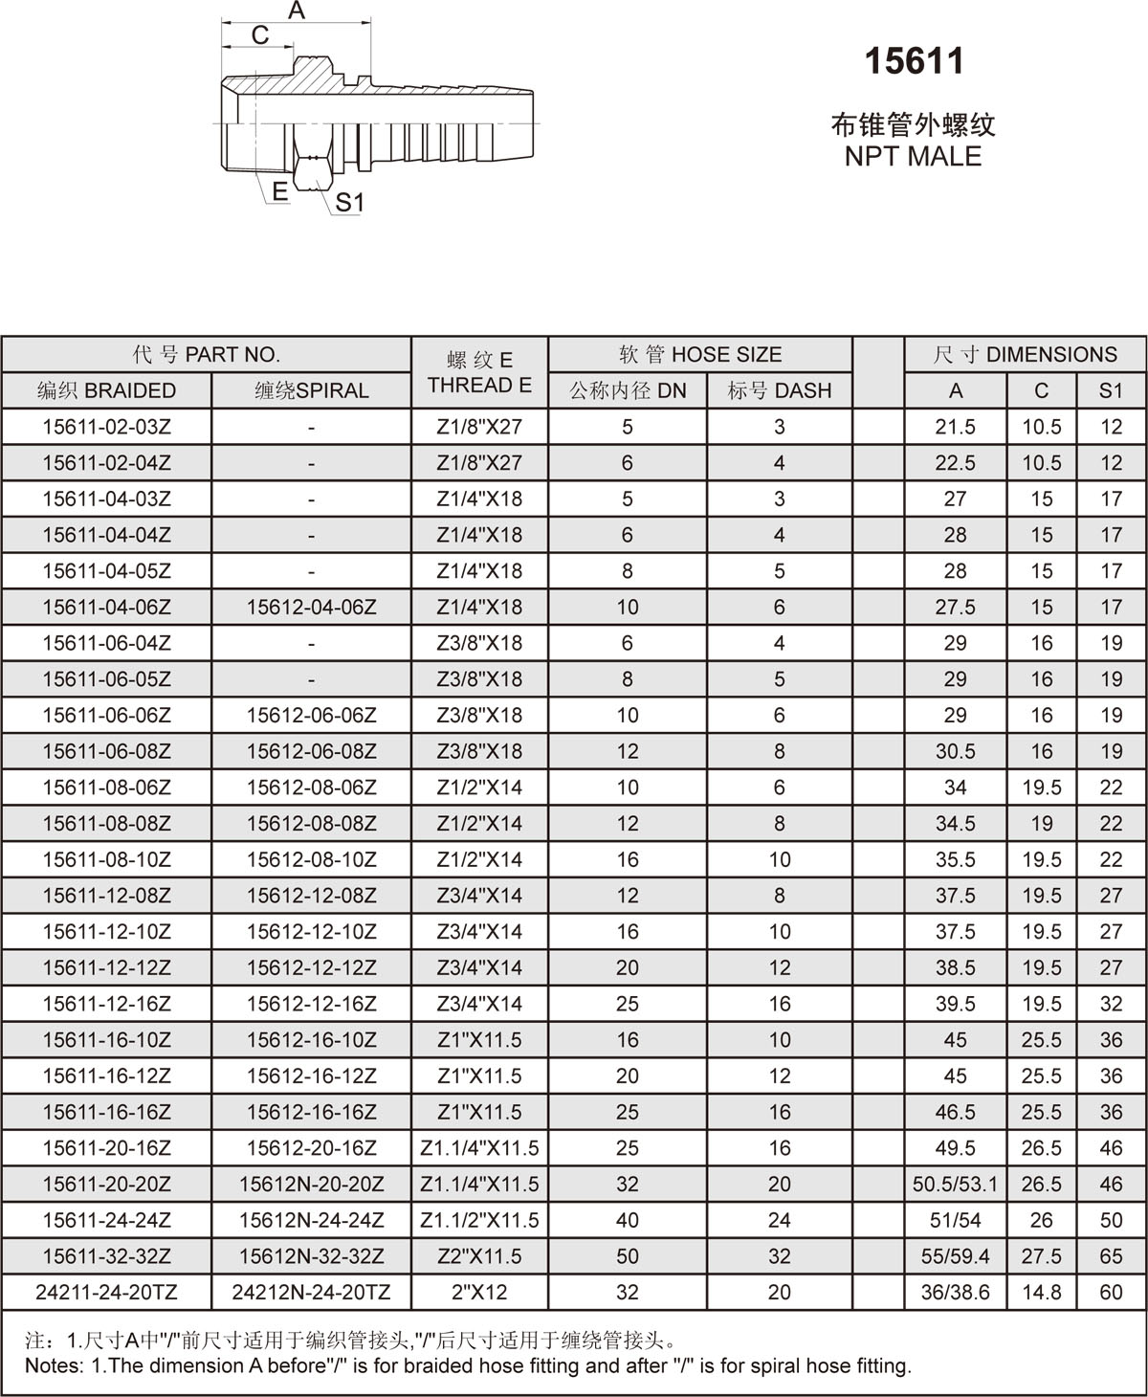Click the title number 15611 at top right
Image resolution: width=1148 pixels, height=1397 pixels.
pos(914,62)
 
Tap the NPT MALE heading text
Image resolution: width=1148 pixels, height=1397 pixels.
pos(913,156)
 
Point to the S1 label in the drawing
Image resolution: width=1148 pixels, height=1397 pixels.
pos(350,203)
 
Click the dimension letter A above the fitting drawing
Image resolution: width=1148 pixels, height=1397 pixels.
pos(297,11)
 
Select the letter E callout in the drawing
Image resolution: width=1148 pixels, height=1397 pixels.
pos(279,191)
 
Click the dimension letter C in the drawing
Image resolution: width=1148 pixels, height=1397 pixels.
pos(259,35)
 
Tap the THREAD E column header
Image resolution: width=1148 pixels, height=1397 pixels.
pos(479,386)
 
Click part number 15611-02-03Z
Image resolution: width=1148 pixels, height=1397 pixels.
pos(107,427)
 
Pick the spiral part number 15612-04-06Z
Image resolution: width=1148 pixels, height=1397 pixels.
pos(312,607)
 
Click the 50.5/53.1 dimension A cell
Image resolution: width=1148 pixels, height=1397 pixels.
pos(955,1185)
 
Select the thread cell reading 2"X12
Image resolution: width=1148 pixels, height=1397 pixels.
pos(479,1293)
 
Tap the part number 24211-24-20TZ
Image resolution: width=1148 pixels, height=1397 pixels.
pos(107,1293)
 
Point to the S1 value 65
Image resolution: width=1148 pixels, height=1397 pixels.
pos(1111,1256)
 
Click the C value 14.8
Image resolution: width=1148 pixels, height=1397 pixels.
pos(1041,1293)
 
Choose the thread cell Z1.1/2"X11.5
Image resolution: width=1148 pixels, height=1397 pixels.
pos(479,1220)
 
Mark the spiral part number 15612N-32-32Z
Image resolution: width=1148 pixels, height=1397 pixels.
pos(312,1256)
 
